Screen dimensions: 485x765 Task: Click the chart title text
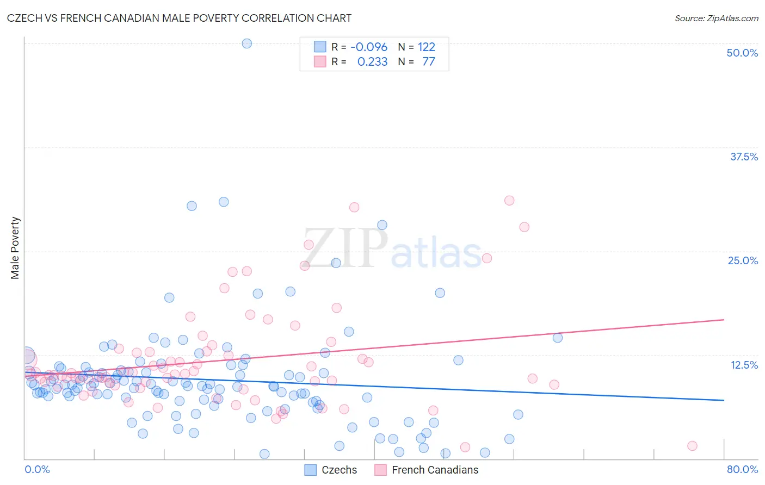(180, 18)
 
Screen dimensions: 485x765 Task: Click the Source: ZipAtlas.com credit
(716, 18)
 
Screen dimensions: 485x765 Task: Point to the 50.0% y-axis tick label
(742, 53)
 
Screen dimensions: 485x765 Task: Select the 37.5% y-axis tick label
(744, 157)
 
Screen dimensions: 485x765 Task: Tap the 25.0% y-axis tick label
(743, 260)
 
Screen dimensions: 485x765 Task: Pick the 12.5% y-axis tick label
(744, 365)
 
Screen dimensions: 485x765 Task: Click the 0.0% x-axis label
(37, 469)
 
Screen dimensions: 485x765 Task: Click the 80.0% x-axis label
(742, 469)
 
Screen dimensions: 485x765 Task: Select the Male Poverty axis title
(15, 248)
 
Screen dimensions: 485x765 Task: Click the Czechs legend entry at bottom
(331, 470)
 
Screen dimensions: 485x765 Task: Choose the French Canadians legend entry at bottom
(427, 470)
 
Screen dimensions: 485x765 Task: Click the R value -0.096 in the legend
(369, 47)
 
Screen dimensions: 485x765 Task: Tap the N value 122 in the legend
(427, 47)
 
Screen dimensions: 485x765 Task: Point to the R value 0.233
(372, 61)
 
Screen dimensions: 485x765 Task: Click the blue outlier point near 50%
(246, 43)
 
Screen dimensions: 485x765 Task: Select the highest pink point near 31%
(509, 200)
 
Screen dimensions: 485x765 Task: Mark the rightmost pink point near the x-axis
(692, 446)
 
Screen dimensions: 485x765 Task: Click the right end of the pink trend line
(724, 320)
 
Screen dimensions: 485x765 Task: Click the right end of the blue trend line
(724, 400)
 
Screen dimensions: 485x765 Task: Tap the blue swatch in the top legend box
(320, 47)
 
